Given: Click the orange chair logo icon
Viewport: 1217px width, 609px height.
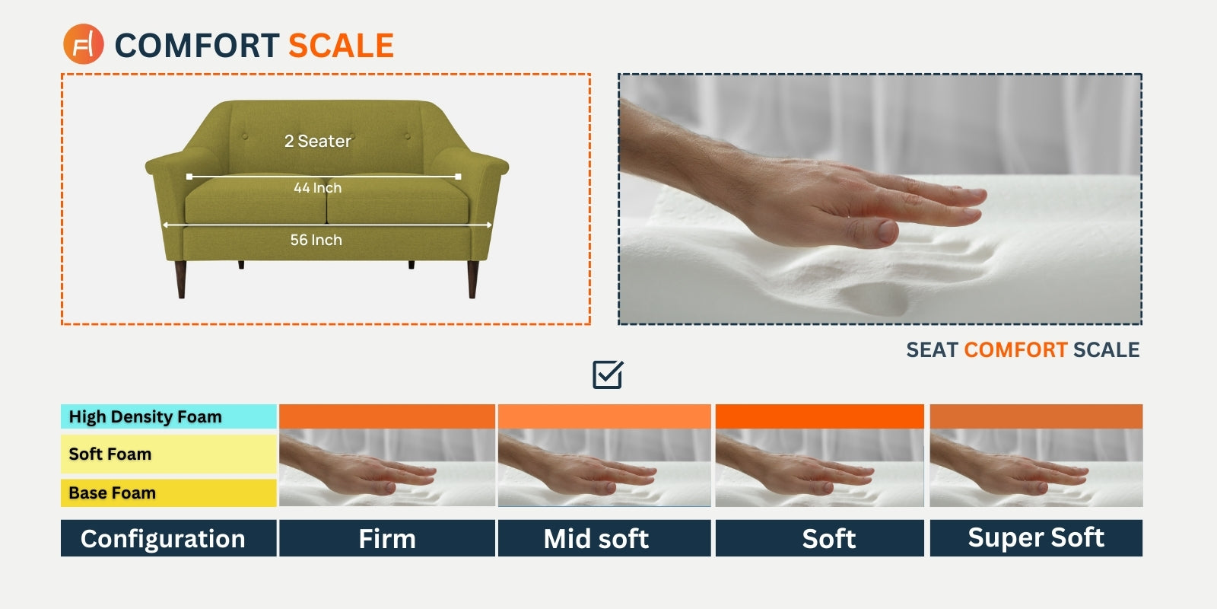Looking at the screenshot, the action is point(83,44).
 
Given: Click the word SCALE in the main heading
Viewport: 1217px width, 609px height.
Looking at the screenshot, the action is point(341,45).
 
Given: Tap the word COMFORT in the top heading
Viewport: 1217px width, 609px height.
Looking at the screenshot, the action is point(197,45).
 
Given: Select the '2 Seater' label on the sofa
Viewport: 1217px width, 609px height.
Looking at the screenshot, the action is point(318,141).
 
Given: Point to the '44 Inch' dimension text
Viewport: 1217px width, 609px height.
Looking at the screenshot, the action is point(318,187).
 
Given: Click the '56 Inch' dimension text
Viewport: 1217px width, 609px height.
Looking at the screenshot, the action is point(316,240).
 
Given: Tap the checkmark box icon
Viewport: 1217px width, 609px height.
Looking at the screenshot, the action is point(608,375).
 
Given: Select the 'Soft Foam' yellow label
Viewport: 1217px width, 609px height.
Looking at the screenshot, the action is point(169,454).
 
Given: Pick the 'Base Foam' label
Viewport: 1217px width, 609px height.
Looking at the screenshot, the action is point(169,493).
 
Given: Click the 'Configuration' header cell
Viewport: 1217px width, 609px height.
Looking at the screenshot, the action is point(169,538).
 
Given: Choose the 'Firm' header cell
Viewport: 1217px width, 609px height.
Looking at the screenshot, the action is point(387,538).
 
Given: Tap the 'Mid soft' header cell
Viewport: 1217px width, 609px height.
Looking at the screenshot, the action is point(604,538).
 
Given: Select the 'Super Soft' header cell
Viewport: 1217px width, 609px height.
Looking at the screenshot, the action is point(1036,538).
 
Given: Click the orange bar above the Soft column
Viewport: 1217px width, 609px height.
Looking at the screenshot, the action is point(819,416).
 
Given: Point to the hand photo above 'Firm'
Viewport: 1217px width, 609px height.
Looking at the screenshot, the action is point(387,467).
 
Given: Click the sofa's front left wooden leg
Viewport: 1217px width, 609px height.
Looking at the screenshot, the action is point(181,279).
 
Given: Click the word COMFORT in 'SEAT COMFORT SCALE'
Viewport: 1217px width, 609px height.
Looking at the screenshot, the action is point(1015,350).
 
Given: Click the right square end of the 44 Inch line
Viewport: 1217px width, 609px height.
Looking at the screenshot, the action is point(458,177).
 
